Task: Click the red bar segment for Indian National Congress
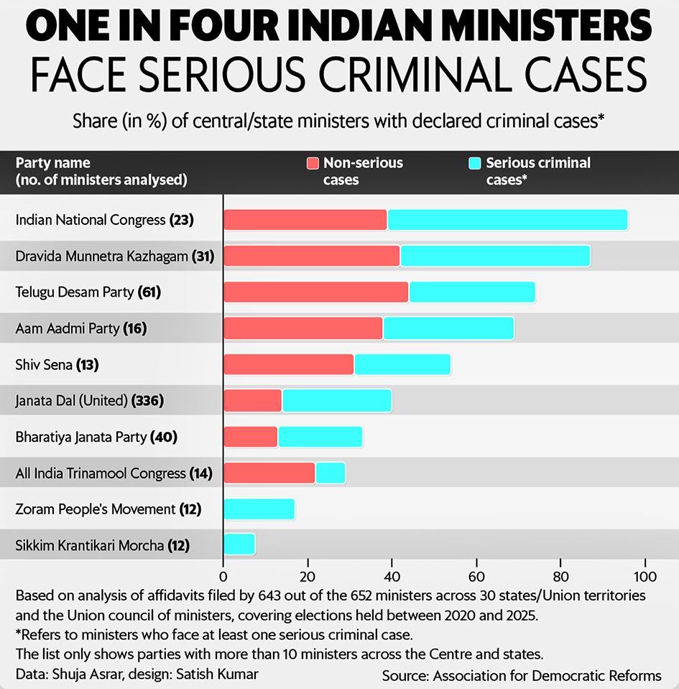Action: tap(305, 220)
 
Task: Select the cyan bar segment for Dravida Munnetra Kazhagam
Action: tap(495, 256)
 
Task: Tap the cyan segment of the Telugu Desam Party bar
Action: tap(471, 292)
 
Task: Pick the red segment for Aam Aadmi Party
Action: tap(303, 328)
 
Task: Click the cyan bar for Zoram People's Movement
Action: tap(259, 509)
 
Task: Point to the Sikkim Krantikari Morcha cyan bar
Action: tap(239, 545)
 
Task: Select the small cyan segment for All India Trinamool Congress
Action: tap(331, 473)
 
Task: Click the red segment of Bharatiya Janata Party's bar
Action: tap(251, 437)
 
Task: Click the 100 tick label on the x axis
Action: tap(645, 576)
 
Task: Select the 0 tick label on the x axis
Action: tap(223, 576)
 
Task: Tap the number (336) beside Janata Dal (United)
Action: tap(147, 400)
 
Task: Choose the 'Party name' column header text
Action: tap(53, 163)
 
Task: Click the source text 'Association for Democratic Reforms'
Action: tap(548, 675)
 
